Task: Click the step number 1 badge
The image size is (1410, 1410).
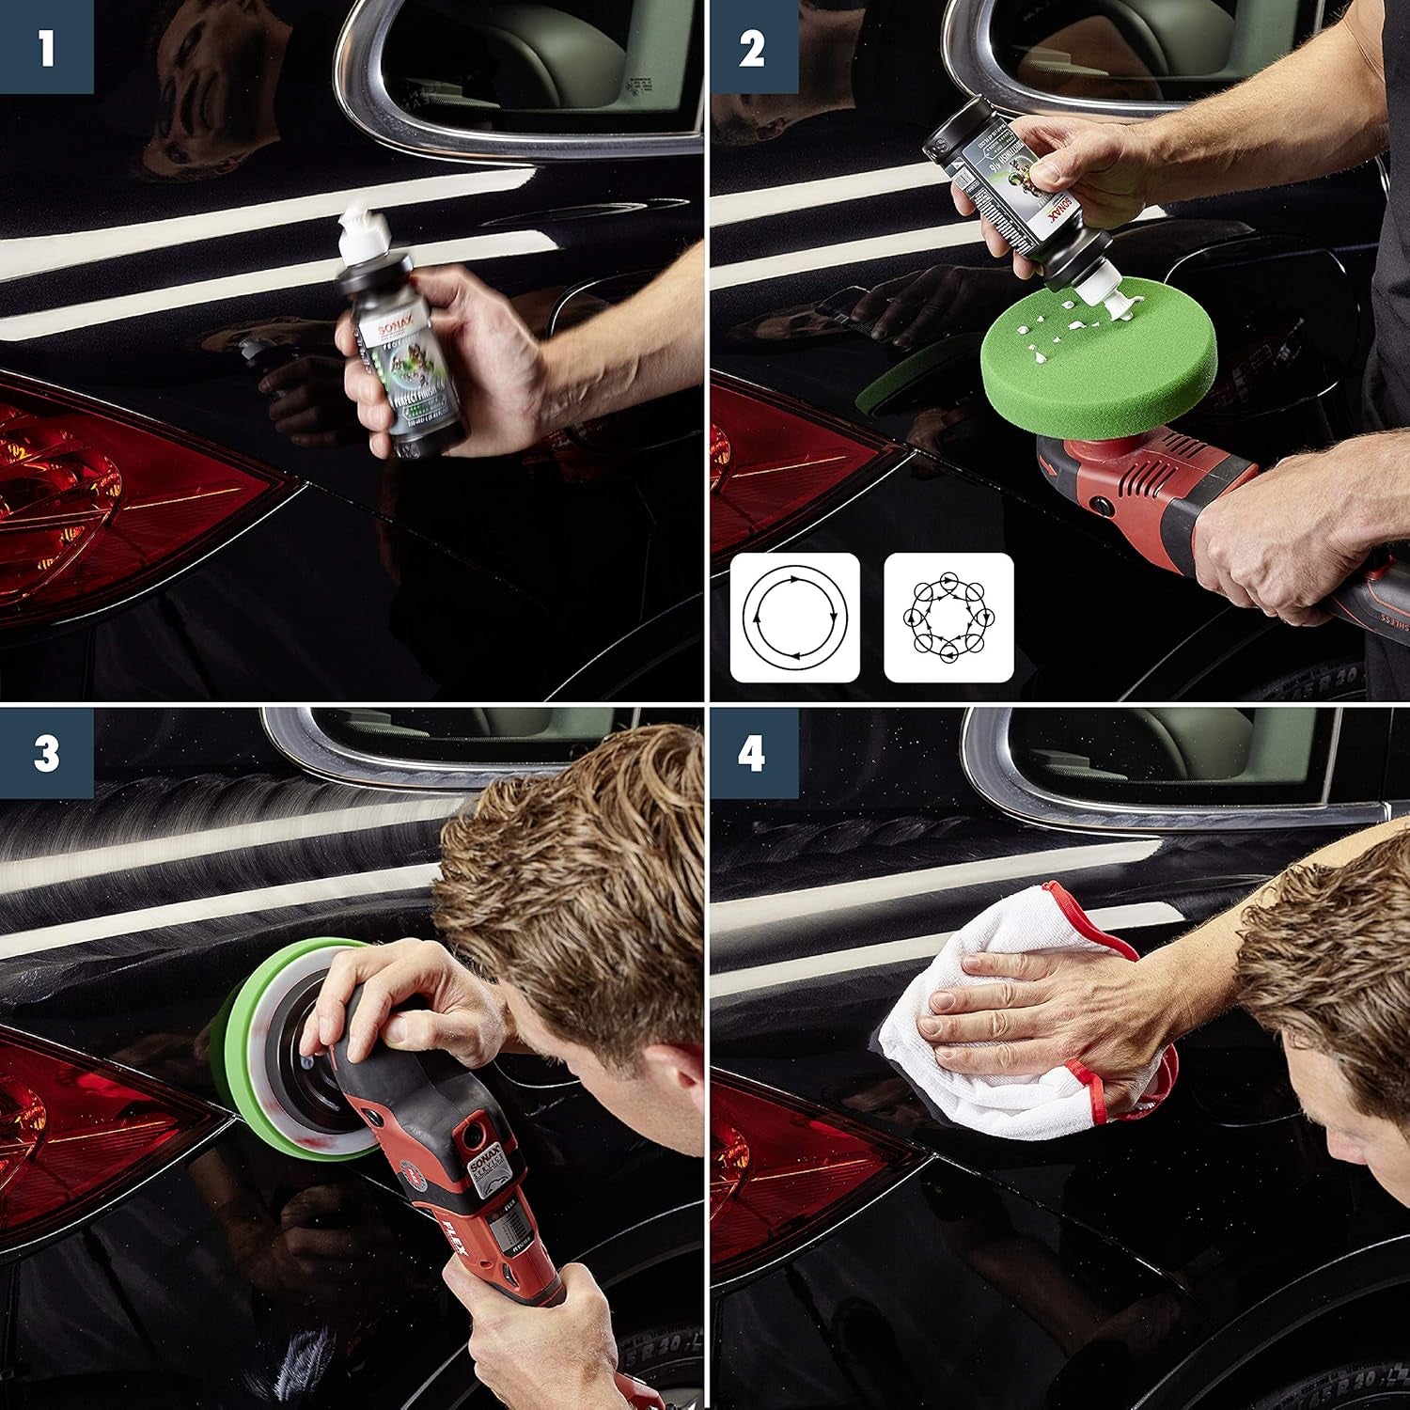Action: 46,46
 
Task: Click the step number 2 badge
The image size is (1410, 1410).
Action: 752,46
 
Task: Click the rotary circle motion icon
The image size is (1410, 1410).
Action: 794,618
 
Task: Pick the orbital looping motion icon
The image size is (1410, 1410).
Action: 948,618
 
